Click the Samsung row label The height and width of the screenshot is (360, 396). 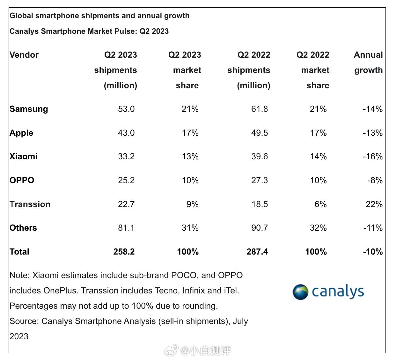tap(29, 109)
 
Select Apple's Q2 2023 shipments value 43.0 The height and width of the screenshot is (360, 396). tap(126, 133)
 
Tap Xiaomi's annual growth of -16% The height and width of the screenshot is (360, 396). tap(372, 156)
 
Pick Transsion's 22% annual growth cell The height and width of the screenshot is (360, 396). tap(374, 204)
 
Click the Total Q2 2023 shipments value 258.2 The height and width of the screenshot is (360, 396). tap(124, 252)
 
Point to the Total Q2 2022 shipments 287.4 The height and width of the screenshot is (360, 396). tap(257, 252)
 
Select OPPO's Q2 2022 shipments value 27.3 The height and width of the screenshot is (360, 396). tap(260, 180)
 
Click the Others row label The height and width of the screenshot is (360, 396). tap(23, 228)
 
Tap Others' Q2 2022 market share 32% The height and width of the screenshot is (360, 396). tap(318, 228)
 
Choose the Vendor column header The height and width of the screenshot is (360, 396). tap(24, 55)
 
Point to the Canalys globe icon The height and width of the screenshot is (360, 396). tap(300, 292)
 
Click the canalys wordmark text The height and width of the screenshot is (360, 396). tap(338, 292)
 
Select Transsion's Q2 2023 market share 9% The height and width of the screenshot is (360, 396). tap(192, 204)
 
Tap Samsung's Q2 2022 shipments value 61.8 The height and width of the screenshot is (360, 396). tap(260, 109)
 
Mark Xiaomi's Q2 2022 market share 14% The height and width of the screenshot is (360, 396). tap(318, 156)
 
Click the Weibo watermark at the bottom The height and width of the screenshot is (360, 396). tap(198, 351)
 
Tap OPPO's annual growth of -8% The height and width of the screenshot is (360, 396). tap(375, 180)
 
